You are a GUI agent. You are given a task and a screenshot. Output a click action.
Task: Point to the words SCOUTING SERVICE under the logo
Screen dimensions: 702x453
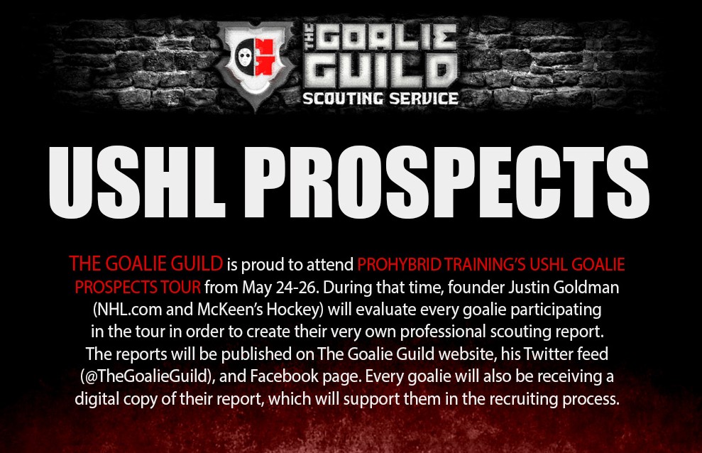coord(380,99)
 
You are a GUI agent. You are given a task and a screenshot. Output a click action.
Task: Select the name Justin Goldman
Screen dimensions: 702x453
coord(564,288)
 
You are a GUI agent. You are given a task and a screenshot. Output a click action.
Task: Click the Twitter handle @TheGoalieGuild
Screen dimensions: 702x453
coord(149,376)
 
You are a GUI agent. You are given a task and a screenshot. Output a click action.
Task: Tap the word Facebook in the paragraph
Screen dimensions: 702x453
coord(285,376)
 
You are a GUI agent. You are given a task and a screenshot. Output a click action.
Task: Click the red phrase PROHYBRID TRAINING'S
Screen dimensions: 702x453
coord(442,265)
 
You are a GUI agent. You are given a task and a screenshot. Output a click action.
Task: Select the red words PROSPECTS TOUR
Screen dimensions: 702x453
coord(138,288)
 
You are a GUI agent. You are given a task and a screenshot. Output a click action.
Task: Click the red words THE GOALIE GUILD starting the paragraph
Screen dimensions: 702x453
coord(146,264)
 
